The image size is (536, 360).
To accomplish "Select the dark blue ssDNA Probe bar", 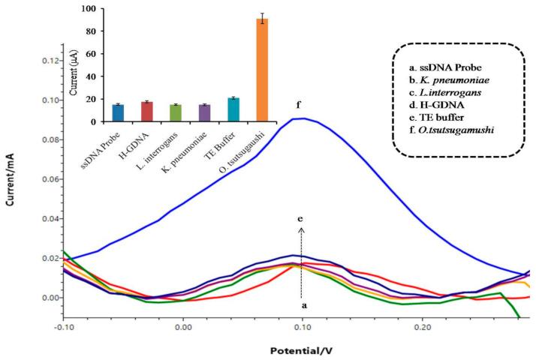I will pyautogui.click(x=118, y=113).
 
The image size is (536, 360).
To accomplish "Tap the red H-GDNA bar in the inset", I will pyautogui.click(x=147, y=112).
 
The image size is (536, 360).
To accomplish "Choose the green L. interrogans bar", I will pyautogui.click(x=176, y=113).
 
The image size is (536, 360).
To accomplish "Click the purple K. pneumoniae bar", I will pyautogui.click(x=205, y=113).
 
